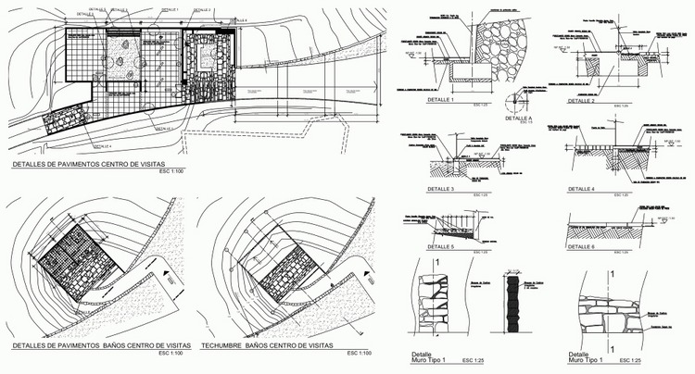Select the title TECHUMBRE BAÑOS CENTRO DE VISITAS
click(x=266, y=344)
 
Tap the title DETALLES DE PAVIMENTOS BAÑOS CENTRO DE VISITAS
click(x=84, y=344)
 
